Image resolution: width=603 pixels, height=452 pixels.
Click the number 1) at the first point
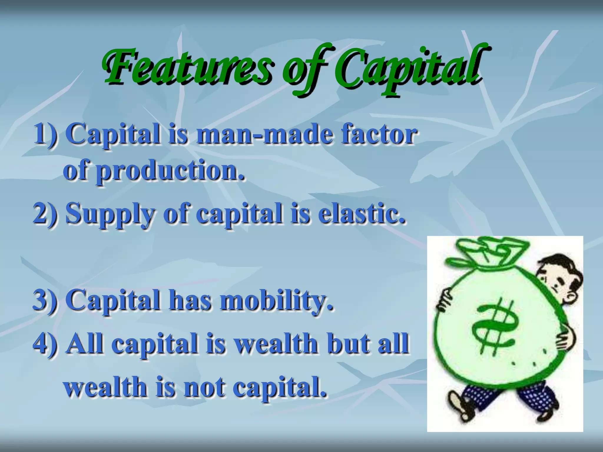(46, 134)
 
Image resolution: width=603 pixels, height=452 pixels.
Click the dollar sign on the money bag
(495, 327)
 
